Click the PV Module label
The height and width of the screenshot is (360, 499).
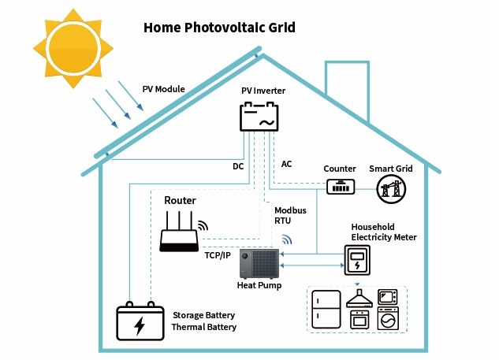tap(163, 89)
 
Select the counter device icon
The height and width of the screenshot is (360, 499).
tap(341, 187)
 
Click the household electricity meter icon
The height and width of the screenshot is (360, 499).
tap(358, 260)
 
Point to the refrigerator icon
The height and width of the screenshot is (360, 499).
tap(325, 311)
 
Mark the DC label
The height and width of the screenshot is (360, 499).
tap(237, 166)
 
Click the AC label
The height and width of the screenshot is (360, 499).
tap(287, 164)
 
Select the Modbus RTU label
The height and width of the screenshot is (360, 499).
tap(289, 216)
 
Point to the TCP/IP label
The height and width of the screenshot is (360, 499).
tap(217, 255)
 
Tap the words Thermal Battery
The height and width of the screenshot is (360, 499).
tap(204, 327)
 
